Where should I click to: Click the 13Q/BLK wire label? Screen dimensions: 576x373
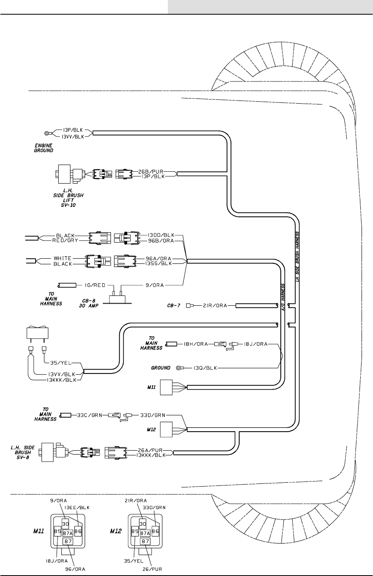[202, 368]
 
